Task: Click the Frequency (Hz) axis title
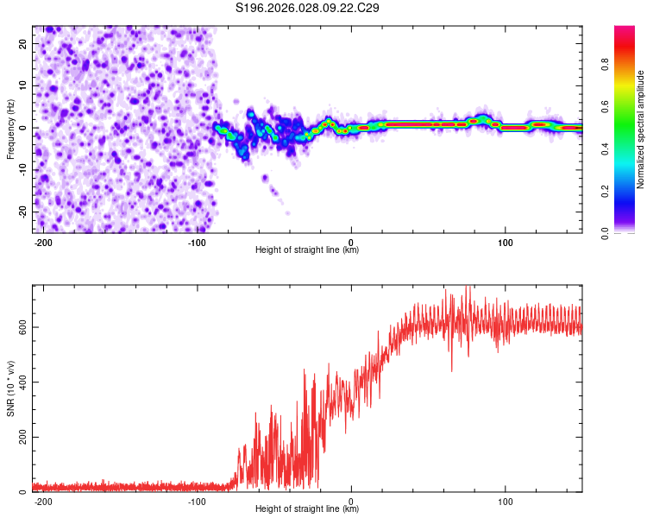click(x=10, y=129)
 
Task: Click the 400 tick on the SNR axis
click(x=21, y=382)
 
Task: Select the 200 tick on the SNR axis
click(x=21, y=438)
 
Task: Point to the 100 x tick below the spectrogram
click(x=505, y=242)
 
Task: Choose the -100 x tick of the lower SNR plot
click(x=197, y=501)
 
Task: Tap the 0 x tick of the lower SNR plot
click(x=351, y=501)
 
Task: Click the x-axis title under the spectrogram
click(x=307, y=250)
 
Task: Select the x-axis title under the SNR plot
click(x=307, y=509)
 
